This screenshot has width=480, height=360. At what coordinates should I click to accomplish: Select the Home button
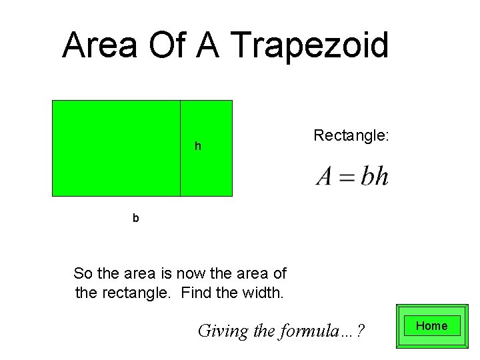click(x=431, y=326)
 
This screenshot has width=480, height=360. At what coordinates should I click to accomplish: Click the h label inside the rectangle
click(x=197, y=146)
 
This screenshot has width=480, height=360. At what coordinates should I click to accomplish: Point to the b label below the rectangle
click(x=136, y=217)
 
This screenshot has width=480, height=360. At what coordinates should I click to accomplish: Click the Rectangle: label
click(x=351, y=136)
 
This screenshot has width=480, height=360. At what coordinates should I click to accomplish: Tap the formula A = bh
click(x=352, y=177)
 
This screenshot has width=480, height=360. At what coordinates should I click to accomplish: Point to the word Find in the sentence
click(x=196, y=292)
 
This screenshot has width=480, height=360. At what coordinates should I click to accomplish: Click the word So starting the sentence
click(x=83, y=273)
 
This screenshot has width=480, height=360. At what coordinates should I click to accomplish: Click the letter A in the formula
click(x=325, y=177)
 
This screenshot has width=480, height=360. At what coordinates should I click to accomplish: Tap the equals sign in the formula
click(x=347, y=178)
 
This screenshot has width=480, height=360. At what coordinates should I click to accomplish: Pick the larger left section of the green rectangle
click(x=117, y=148)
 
